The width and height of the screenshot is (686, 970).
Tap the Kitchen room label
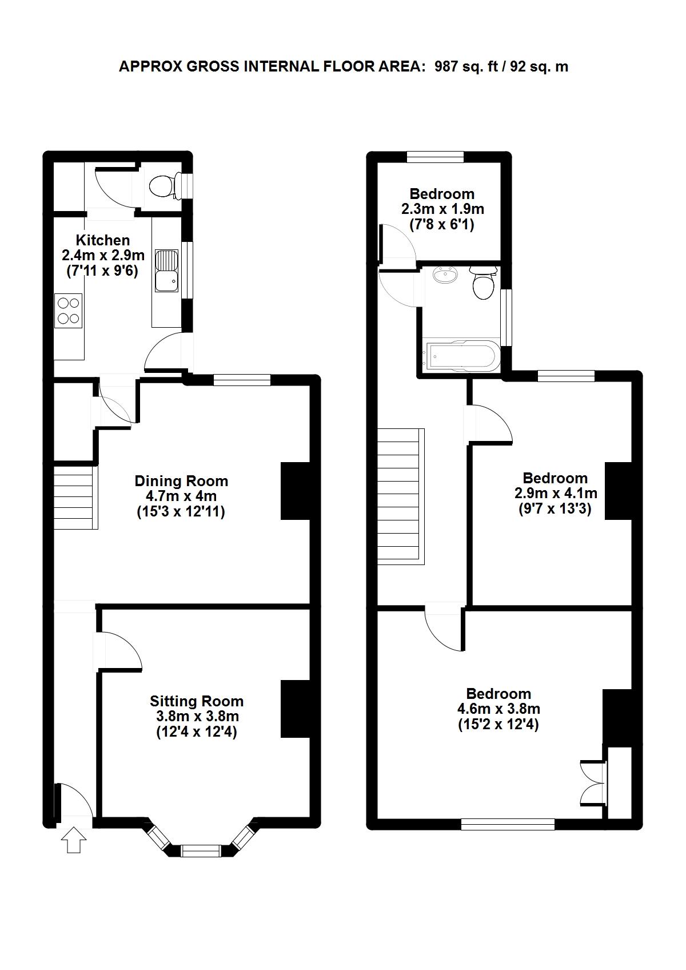(102, 240)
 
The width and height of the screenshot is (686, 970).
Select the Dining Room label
(181, 480)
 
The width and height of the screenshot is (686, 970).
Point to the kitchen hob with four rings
(69, 311)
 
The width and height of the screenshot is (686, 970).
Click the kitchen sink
(166, 271)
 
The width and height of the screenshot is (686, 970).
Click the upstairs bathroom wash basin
(445, 275)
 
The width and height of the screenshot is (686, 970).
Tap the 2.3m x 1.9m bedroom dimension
(442, 209)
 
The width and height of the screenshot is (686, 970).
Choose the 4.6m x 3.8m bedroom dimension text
(498, 709)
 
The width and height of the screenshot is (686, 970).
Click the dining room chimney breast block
(296, 491)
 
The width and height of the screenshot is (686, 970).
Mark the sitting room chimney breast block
(296, 709)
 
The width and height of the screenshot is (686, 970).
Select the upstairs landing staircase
(401, 496)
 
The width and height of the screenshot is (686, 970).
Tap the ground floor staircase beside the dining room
(75, 497)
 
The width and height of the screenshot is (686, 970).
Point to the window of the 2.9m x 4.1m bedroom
(566, 376)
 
